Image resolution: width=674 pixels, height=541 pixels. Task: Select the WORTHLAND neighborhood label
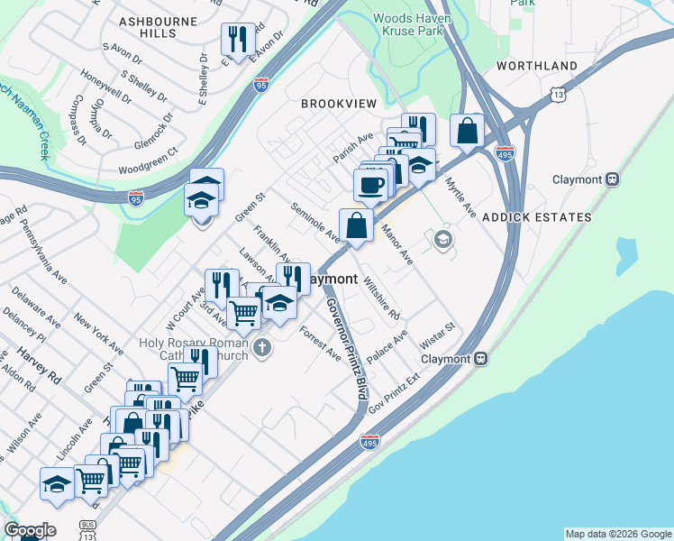tap(536, 67)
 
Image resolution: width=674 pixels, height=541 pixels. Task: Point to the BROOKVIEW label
tap(339, 105)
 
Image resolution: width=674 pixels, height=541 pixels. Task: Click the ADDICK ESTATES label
tap(537, 217)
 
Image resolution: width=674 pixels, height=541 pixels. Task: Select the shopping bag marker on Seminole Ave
tap(356, 225)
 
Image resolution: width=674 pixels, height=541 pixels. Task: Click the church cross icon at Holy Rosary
tap(262, 347)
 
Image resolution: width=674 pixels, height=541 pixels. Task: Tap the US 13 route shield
tap(560, 94)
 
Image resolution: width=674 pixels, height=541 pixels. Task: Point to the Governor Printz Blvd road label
tap(349, 348)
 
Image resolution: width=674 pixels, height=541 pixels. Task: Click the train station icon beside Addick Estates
tap(612, 179)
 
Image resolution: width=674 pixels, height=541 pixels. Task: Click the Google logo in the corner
tap(30, 530)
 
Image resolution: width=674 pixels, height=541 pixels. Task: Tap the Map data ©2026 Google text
tap(617, 534)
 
